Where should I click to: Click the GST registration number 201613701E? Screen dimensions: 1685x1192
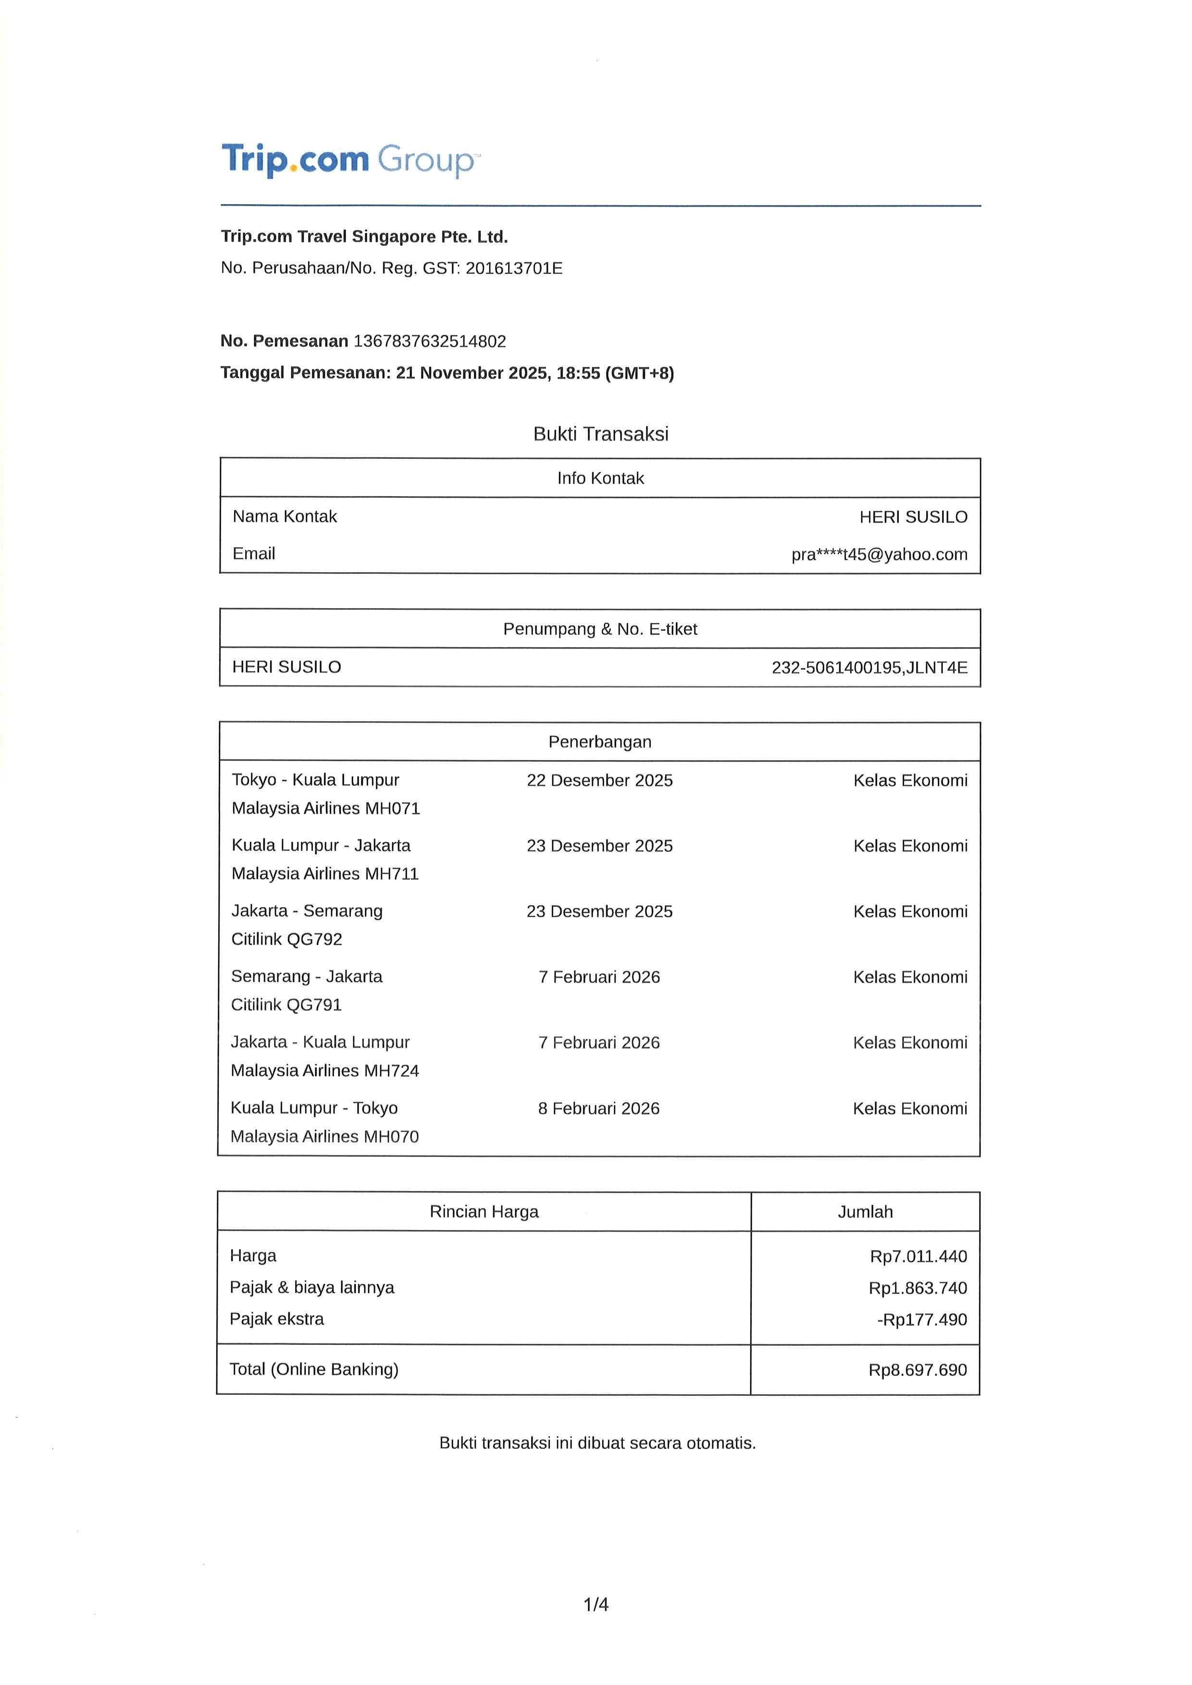(514, 269)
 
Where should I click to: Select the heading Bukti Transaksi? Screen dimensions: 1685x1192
(600, 434)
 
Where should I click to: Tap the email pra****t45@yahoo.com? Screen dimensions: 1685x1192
(879, 555)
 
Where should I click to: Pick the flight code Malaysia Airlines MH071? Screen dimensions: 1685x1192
(326, 808)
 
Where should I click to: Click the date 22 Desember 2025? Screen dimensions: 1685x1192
(600, 780)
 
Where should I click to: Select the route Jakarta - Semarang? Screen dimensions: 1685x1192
(307, 911)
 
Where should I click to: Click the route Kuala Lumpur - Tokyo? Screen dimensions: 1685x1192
(314, 1107)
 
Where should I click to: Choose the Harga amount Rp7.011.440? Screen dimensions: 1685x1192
(918, 1256)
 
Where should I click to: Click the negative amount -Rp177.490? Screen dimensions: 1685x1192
(921, 1319)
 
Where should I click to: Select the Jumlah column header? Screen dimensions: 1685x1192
(865, 1212)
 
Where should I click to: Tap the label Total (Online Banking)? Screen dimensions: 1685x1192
(314, 1369)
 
